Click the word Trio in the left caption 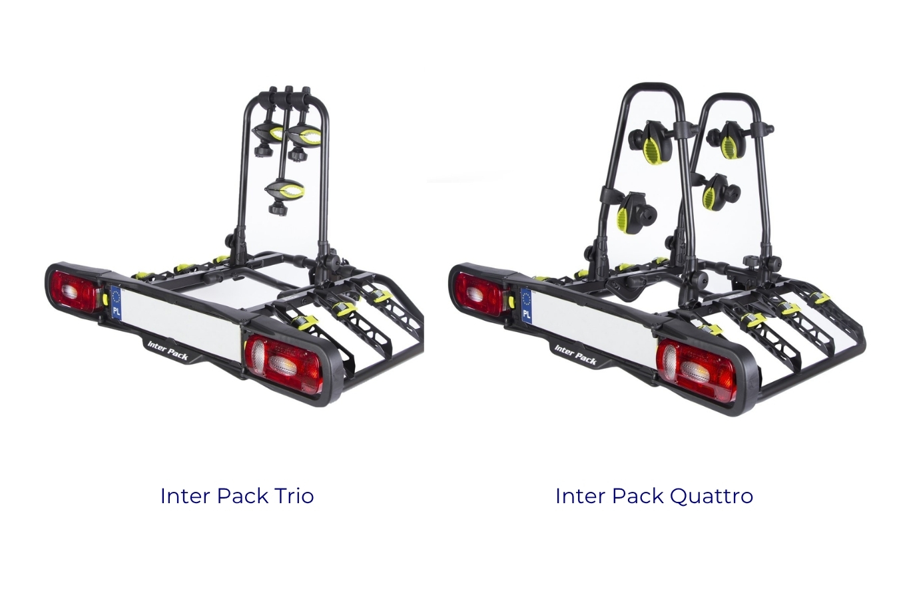tap(294, 496)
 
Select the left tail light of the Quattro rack tap(479, 291)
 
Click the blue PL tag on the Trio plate tap(116, 303)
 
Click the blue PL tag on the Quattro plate tap(527, 306)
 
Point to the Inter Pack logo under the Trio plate tap(167, 350)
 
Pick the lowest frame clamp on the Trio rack tap(285, 191)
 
